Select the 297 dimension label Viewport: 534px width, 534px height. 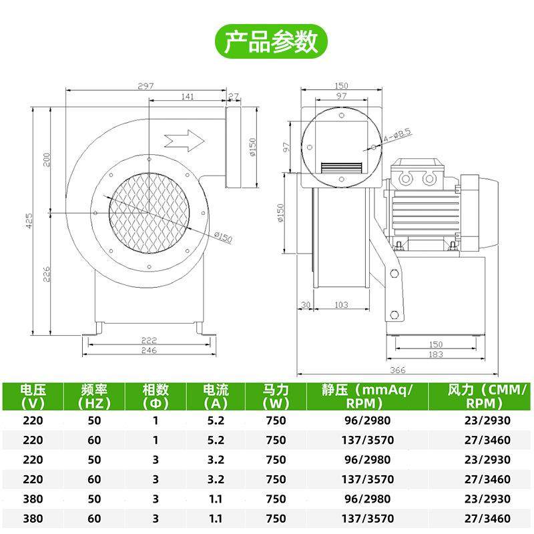click(x=146, y=86)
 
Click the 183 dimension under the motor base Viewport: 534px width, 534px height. click(x=435, y=354)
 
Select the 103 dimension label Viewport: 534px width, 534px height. click(x=340, y=305)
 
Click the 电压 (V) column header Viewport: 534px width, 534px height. click(x=32, y=396)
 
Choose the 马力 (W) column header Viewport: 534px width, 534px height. click(x=275, y=396)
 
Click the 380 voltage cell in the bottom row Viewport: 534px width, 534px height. click(x=32, y=517)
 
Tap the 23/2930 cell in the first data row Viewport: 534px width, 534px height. click(x=487, y=421)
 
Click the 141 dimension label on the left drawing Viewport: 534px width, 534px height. click(x=187, y=97)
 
